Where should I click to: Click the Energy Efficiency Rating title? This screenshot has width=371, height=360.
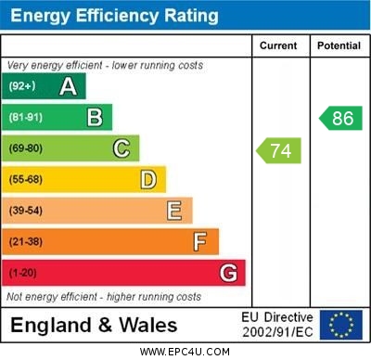point(115,16)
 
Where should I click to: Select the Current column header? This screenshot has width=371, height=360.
point(278,45)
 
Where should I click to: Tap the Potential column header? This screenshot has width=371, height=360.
point(339,45)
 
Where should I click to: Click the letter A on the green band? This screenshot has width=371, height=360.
point(68,86)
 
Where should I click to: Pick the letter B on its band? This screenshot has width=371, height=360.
point(95,117)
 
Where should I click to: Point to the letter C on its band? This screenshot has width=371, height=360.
point(122,148)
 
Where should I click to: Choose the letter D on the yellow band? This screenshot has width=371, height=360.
point(148,179)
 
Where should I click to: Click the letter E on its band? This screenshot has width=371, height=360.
point(174,211)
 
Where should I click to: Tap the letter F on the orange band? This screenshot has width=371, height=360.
point(200,242)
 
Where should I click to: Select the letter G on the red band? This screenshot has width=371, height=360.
point(228,273)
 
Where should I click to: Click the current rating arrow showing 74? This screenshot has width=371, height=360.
point(279,149)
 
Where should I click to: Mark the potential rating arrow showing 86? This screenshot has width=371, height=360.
point(340,118)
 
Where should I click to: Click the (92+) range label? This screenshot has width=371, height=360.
point(22,86)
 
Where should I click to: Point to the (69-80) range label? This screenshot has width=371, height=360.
point(26,148)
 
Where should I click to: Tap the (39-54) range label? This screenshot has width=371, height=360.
point(26,211)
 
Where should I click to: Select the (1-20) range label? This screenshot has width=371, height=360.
point(23,273)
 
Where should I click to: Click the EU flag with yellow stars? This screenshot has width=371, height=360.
point(340,325)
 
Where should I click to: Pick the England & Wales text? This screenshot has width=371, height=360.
point(94,325)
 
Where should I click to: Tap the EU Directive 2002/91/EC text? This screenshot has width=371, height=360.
point(277,325)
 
